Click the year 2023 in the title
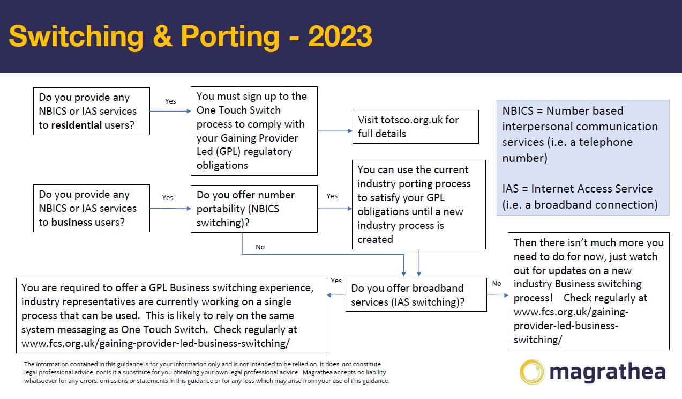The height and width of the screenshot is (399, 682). pyautogui.click(x=340, y=37)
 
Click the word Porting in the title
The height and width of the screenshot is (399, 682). pyautogui.click(x=230, y=37)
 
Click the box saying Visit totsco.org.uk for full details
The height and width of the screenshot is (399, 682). pyautogui.click(x=415, y=127)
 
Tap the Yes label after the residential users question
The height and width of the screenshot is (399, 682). pyautogui.click(x=170, y=101)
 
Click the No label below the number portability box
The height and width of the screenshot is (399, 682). pyautogui.click(x=260, y=247)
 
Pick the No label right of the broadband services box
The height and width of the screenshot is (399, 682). pyautogui.click(x=497, y=284)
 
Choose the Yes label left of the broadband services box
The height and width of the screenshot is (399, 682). pyautogui.click(x=336, y=281)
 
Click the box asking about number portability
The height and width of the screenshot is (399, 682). pyautogui.click(x=253, y=209)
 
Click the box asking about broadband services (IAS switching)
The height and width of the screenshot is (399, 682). pyautogui.click(x=416, y=295)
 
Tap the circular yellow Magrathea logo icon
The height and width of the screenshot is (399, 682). pyautogui.click(x=533, y=372)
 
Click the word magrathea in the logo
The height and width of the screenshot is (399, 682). pyautogui.click(x=608, y=372)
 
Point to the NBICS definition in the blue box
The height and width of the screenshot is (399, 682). pyautogui.click(x=580, y=134)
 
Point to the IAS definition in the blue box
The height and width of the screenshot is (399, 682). pyautogui.click(x=580, y=196)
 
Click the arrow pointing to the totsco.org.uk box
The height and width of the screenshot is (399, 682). pyautogui.click(x=335, y=130)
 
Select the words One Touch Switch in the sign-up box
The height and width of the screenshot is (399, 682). pyautogui.click(x=238, y=110)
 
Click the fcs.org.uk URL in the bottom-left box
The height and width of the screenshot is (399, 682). pyautogui.click(x=159, y=343)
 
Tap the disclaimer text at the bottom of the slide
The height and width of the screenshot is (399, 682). pyautogui.click(x=206, y=372)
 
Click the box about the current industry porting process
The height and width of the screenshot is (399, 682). pyautogui.click(x=418, y=204)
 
